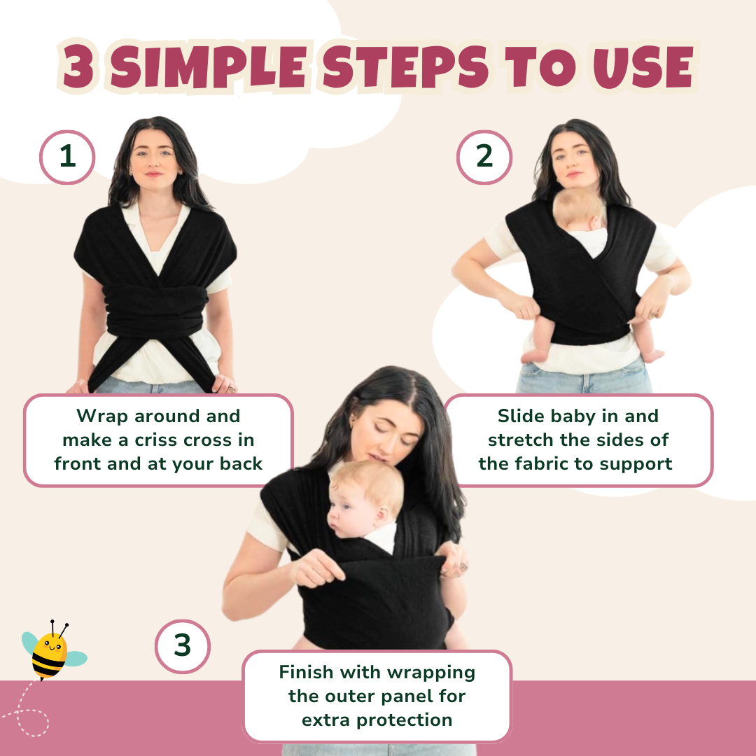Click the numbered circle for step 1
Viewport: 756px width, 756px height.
click(67, 157)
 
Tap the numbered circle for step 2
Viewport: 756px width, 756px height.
click(484, 157)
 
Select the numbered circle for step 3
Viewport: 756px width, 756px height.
click(182, 646)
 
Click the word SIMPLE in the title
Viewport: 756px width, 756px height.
click(209, 67)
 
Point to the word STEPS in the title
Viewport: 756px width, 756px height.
click(406, 67)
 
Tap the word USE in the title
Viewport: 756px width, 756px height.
click(643, 67)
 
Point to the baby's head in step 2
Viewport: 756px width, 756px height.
click(579, 210)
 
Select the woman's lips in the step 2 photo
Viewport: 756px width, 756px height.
click(573, 174)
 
